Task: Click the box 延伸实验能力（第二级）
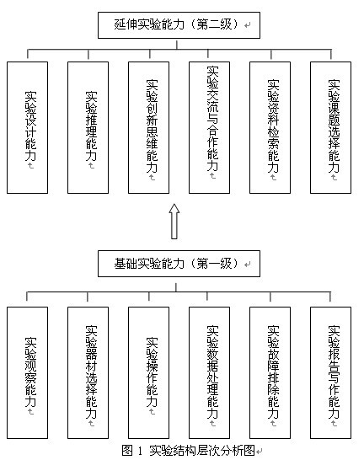pos(179,25)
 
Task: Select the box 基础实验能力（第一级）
pos(179,264)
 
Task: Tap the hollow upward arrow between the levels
pos(174,222)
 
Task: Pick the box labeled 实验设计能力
pos(27,127)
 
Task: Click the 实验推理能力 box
pos(88,127)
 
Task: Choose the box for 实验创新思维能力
pos(148,127)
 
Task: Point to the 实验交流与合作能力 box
pos(210,127)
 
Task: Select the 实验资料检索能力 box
pos(270,127)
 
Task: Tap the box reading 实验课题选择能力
pos(331,127)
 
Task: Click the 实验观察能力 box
pos(27,373)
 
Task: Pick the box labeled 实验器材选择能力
pos(88,373)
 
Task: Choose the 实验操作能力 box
pos(148,373)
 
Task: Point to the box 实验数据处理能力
pos(210,373)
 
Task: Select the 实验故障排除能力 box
pos(270,373)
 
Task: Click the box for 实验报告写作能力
pos(331,373)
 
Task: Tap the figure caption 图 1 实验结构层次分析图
pos(188,451)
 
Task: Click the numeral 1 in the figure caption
pos(140,451)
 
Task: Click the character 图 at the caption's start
pos(127,451)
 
